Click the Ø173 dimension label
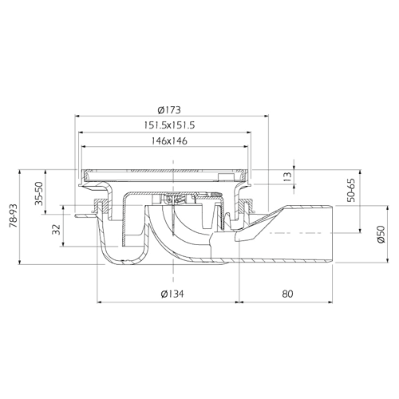pos(169,110)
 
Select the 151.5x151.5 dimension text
pos(169,125)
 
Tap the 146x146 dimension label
pos(169,140)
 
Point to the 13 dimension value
pos(287,176)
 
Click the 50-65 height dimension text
pos(351,190)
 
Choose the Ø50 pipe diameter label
pos(381,234)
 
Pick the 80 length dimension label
pos(287,294)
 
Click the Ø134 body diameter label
pos(172,294)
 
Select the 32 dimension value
pos(57,229)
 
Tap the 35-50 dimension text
pos(39,194)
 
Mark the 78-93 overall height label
pos(14,215)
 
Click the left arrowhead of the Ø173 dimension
pos(77,116)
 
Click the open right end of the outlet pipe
pos(332,234)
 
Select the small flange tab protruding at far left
pos(84,216)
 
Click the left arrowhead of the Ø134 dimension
pos(100,302)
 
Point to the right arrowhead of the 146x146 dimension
pos(246,147)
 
